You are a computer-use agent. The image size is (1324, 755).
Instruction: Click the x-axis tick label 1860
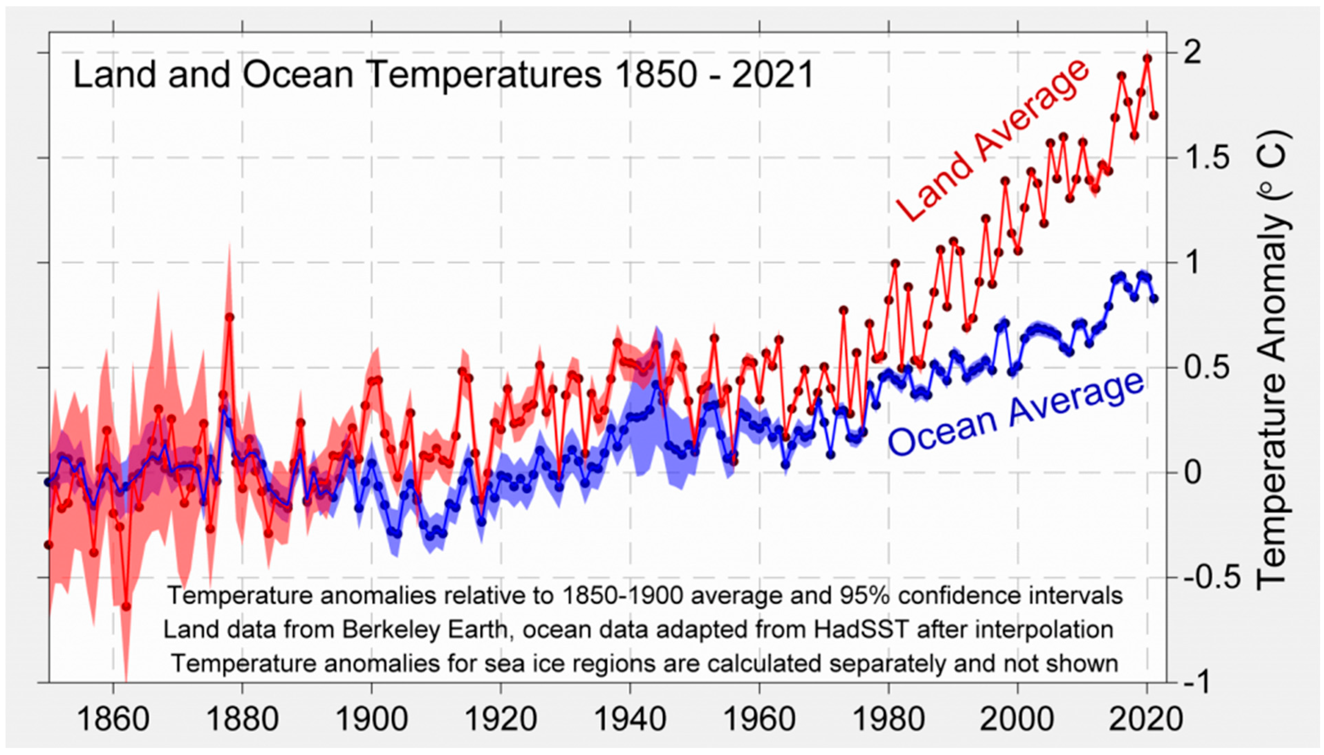(113, 720)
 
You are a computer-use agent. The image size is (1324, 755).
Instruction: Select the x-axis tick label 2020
(1147, 720)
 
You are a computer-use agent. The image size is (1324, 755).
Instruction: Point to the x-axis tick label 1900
(371, 720)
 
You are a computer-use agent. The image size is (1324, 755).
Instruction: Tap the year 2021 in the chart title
(773, 75)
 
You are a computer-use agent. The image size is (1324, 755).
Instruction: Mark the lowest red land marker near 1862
(126, 606)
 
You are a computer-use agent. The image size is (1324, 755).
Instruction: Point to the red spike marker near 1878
(230, 317)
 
